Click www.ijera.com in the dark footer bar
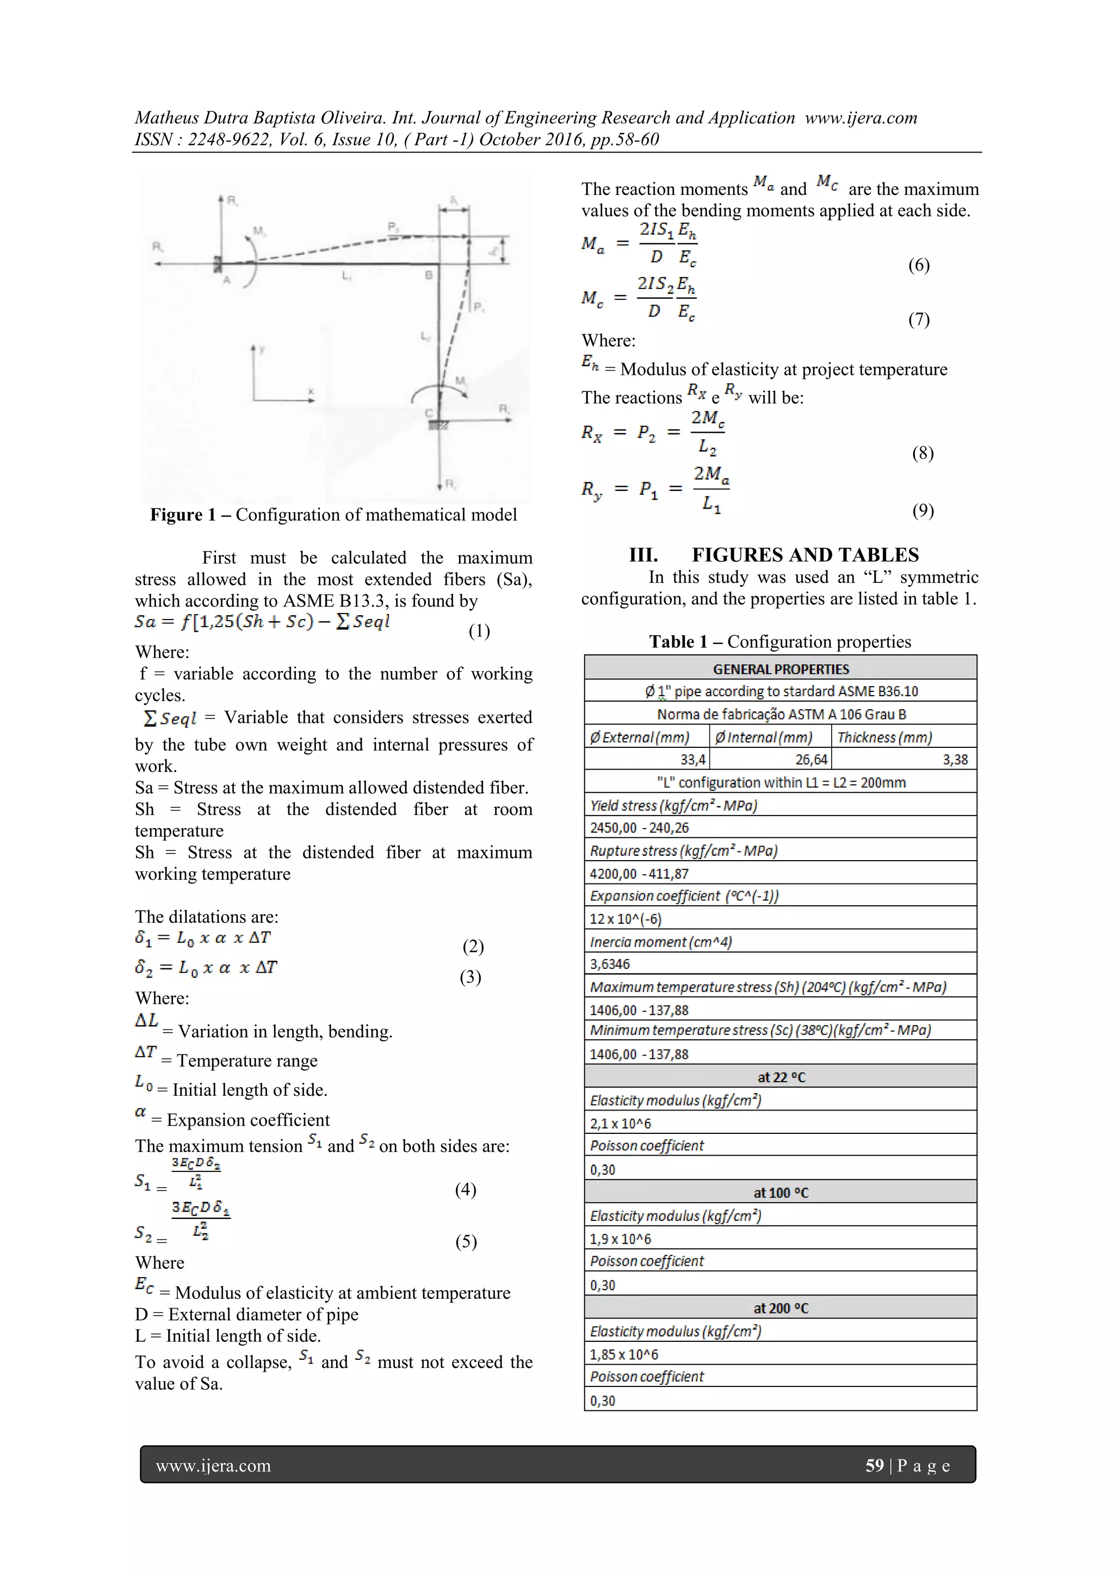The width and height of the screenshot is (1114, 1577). tap(213, 1466)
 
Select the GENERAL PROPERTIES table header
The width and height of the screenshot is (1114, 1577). tap(781, 669)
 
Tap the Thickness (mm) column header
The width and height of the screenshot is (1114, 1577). tap(885, 738)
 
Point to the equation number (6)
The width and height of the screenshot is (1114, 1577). tap(918, 265)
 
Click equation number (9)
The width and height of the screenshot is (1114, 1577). tap(923, 510)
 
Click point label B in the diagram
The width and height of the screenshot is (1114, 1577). tap(428, 275)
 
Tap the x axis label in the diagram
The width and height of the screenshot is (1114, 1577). tap(311, 391)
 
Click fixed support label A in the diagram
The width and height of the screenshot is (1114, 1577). tap(226, 280)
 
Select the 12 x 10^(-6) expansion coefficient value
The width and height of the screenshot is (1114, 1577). tap(616, 919)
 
